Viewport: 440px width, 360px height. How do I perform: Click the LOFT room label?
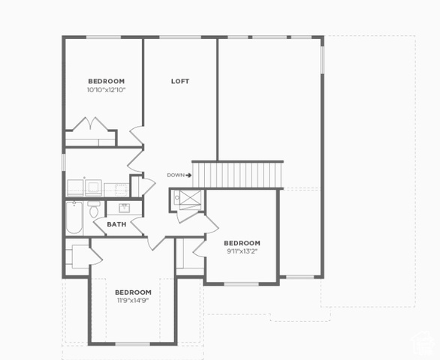point(180,81)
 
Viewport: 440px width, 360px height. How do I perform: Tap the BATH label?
point(116,224)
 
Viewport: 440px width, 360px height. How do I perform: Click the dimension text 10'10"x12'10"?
point(106,90)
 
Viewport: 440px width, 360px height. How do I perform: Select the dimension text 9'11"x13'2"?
point(242,251)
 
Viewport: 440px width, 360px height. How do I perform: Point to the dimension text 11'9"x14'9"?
point(133,301)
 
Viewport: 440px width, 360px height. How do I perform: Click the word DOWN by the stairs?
point(176,175)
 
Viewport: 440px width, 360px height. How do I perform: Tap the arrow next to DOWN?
point(188,175)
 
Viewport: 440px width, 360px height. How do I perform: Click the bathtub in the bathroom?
point(74,217)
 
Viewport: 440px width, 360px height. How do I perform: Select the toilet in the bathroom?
point(94,209)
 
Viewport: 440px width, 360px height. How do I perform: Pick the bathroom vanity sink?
point(124,208)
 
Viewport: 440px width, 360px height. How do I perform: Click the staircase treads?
point(237,175)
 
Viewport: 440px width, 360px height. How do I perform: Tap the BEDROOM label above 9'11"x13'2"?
point(242,243)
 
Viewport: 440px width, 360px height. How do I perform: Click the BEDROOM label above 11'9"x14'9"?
point(133,292)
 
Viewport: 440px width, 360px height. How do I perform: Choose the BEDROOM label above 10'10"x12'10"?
point(107,81)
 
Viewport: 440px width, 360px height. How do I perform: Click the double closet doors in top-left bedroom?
point(90,124)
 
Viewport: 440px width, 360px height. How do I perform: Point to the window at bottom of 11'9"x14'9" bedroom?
point(133,343)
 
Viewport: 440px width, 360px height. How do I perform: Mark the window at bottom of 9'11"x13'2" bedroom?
point(241,284)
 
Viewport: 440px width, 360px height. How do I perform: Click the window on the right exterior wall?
point(322,60)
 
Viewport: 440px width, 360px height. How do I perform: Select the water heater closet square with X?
point(190,198)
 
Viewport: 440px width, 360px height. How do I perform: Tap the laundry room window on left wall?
point(64,162)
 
